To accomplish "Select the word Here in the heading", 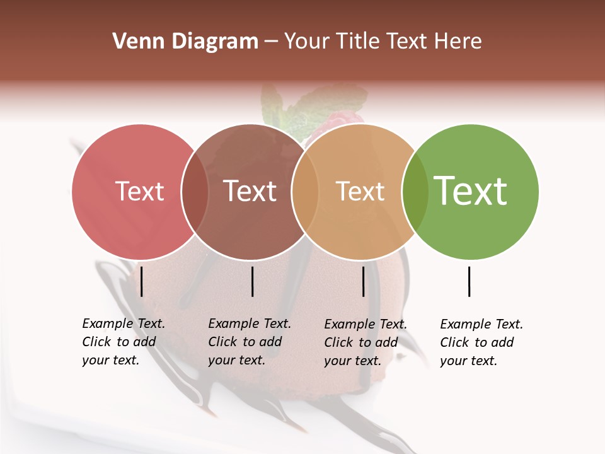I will [x=459, y=42].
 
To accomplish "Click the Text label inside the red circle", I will [x=140, y=191].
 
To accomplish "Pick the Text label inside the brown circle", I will [x=250, y=191].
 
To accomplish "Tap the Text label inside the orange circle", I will [x=360, y=191].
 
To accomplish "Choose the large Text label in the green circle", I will [x=471, y=190].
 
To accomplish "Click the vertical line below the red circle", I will [x=142, y=281].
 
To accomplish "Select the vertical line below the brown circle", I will [x=252, y=281].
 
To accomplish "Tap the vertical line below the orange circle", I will [x=363, y=281].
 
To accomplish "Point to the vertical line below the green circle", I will [x=470, y=281].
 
